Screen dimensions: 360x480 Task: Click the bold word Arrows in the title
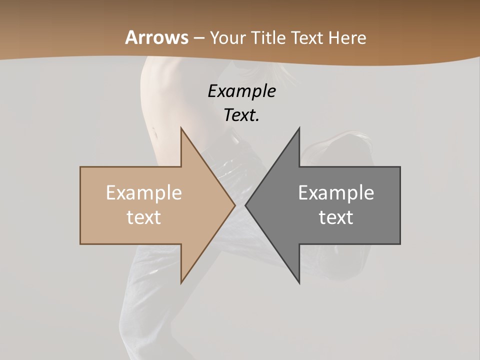click(x=157, y=37)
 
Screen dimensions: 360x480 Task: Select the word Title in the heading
click(x=268, y=38)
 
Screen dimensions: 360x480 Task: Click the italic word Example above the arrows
click(x=241, y=91)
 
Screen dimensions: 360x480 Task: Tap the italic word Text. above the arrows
click(x=241, y=115)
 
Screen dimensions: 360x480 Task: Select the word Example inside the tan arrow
click(x=144, y=193)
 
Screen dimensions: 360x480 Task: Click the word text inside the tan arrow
click(x=144, y=217)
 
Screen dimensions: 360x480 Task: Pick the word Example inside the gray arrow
click(x=336, y=193)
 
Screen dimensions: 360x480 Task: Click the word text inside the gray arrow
click(x=336, y=217)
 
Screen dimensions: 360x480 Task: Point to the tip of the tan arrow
click(x=235, y=205)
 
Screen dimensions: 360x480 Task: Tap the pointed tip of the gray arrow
click(x=245, y=205)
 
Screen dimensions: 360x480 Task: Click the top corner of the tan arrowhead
click(x=181, y=127)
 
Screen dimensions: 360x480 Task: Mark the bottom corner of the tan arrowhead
click(x=181, y=283)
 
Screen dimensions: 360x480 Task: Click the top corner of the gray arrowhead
click(x=299, y=127)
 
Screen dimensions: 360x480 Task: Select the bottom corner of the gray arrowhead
click(x=299, y=283)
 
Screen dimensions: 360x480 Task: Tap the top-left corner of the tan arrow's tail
click(x=80, y=167)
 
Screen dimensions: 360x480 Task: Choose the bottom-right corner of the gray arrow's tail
click(x=400, y=244)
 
